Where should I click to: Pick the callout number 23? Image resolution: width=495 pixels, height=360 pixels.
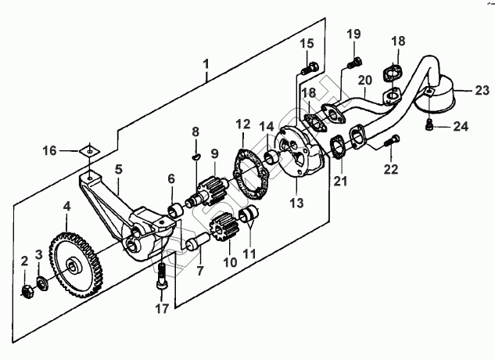pyautogui.click(x=479, y=90)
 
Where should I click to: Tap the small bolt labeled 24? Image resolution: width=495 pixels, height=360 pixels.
pyautogui.click(x=432, y=124)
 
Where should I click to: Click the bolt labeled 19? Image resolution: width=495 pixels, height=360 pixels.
pyautogui.click(x=356, y=59)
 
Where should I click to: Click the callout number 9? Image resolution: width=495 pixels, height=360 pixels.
pyautogui.click(x=214, y=154)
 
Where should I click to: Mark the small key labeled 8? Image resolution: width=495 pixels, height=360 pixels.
pyautogui.click(x=197, y=158)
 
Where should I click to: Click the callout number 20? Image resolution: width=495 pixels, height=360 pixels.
pyautogui.click(x=364, y=80)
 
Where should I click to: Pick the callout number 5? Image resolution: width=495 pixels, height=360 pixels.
pyautogui.click(x=119, y=168)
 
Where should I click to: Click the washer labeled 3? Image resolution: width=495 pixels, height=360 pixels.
pyautogui.click(x=41, y=282)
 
